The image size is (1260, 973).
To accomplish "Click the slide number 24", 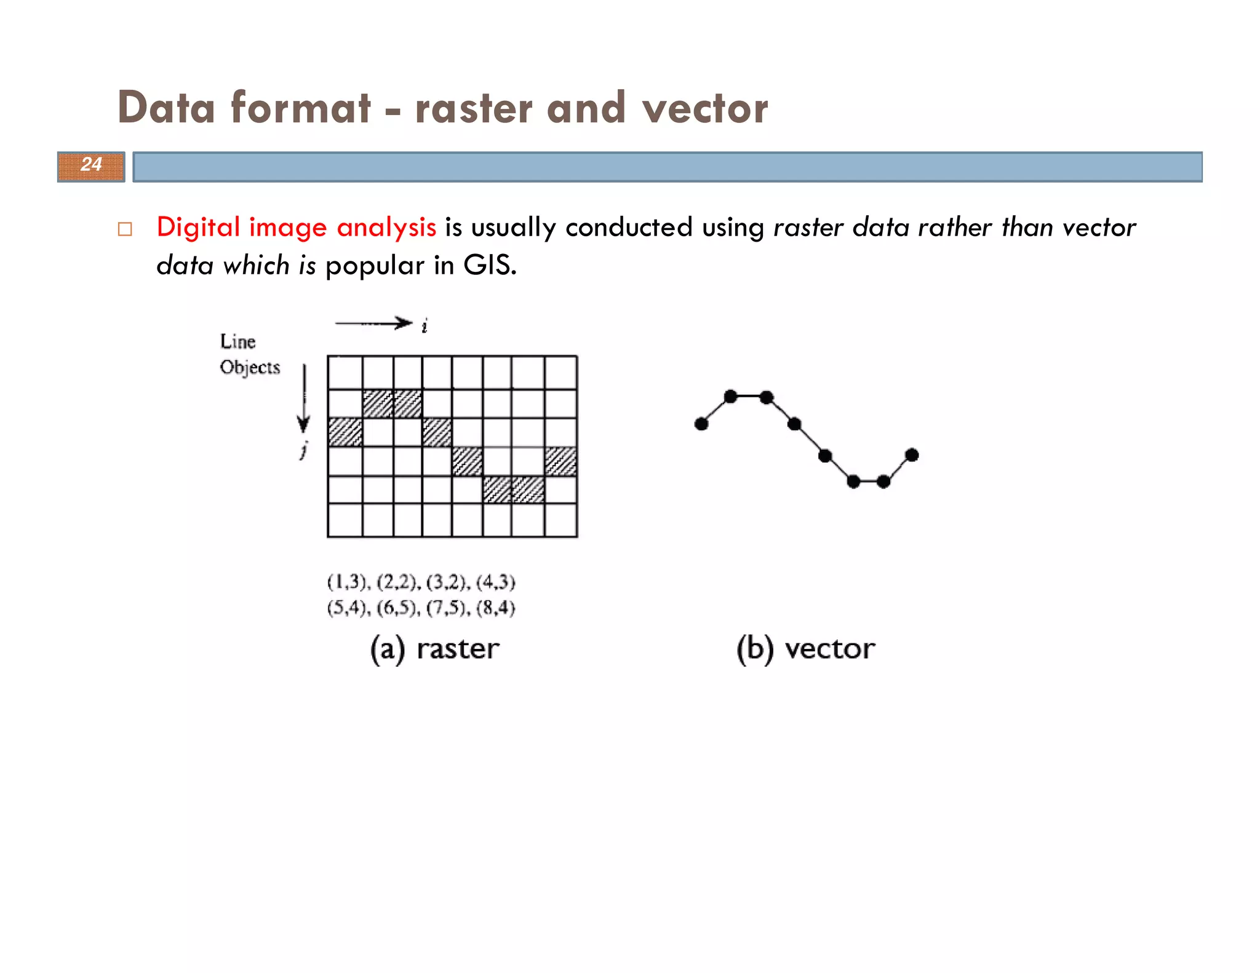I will pos(91,165).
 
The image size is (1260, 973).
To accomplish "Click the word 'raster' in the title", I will pos(473,108).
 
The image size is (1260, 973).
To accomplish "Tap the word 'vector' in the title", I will pos(704,108).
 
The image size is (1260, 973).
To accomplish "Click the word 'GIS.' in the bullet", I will pos(490,265).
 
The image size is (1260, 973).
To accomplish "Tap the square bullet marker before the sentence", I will pos(125,229).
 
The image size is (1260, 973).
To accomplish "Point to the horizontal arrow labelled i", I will pos(373,324).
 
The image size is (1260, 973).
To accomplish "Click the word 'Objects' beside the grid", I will pos(250,367).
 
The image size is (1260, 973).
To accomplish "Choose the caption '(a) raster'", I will pos(434,649).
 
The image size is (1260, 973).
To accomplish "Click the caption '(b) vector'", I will pos(805,649).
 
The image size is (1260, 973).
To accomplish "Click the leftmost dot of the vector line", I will pos(701,424).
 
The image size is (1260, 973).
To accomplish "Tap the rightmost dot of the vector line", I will pos(912,455).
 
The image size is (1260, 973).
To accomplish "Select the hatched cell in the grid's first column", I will pos(345,432).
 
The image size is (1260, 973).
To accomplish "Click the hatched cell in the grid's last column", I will pos(560,461).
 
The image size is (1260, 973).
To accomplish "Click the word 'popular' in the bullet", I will pos(375,266).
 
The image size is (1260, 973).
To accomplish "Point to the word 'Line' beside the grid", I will pos(237,341).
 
